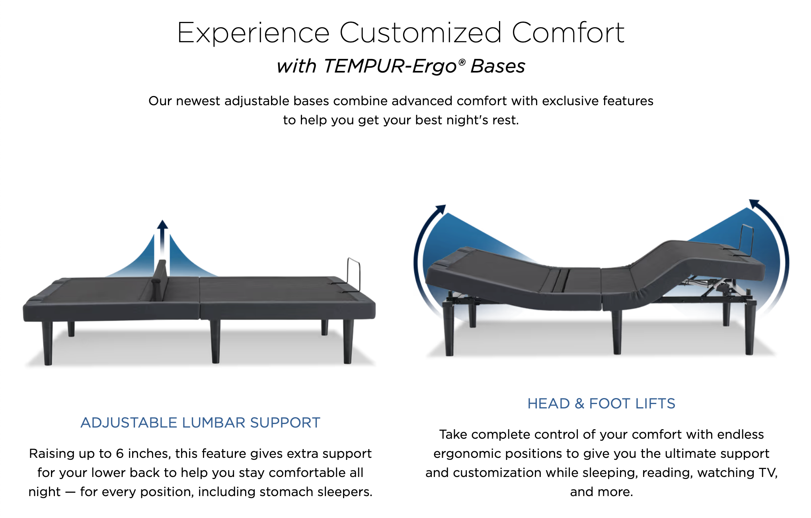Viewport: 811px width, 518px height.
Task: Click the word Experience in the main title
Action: point(253,33)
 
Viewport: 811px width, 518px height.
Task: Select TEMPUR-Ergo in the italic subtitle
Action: point(390,67)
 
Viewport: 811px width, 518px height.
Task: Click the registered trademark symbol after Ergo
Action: point(462,62)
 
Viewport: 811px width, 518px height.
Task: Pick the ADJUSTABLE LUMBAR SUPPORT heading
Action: point(200,422)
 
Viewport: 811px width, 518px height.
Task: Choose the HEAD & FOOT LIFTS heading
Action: point(601,404)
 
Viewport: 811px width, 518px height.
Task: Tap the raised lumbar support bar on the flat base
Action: point(161,279)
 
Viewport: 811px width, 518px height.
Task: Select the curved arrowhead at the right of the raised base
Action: point(754,204)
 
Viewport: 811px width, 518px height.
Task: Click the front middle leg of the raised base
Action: point(617,333)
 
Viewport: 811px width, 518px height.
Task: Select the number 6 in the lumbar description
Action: point(120,454)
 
